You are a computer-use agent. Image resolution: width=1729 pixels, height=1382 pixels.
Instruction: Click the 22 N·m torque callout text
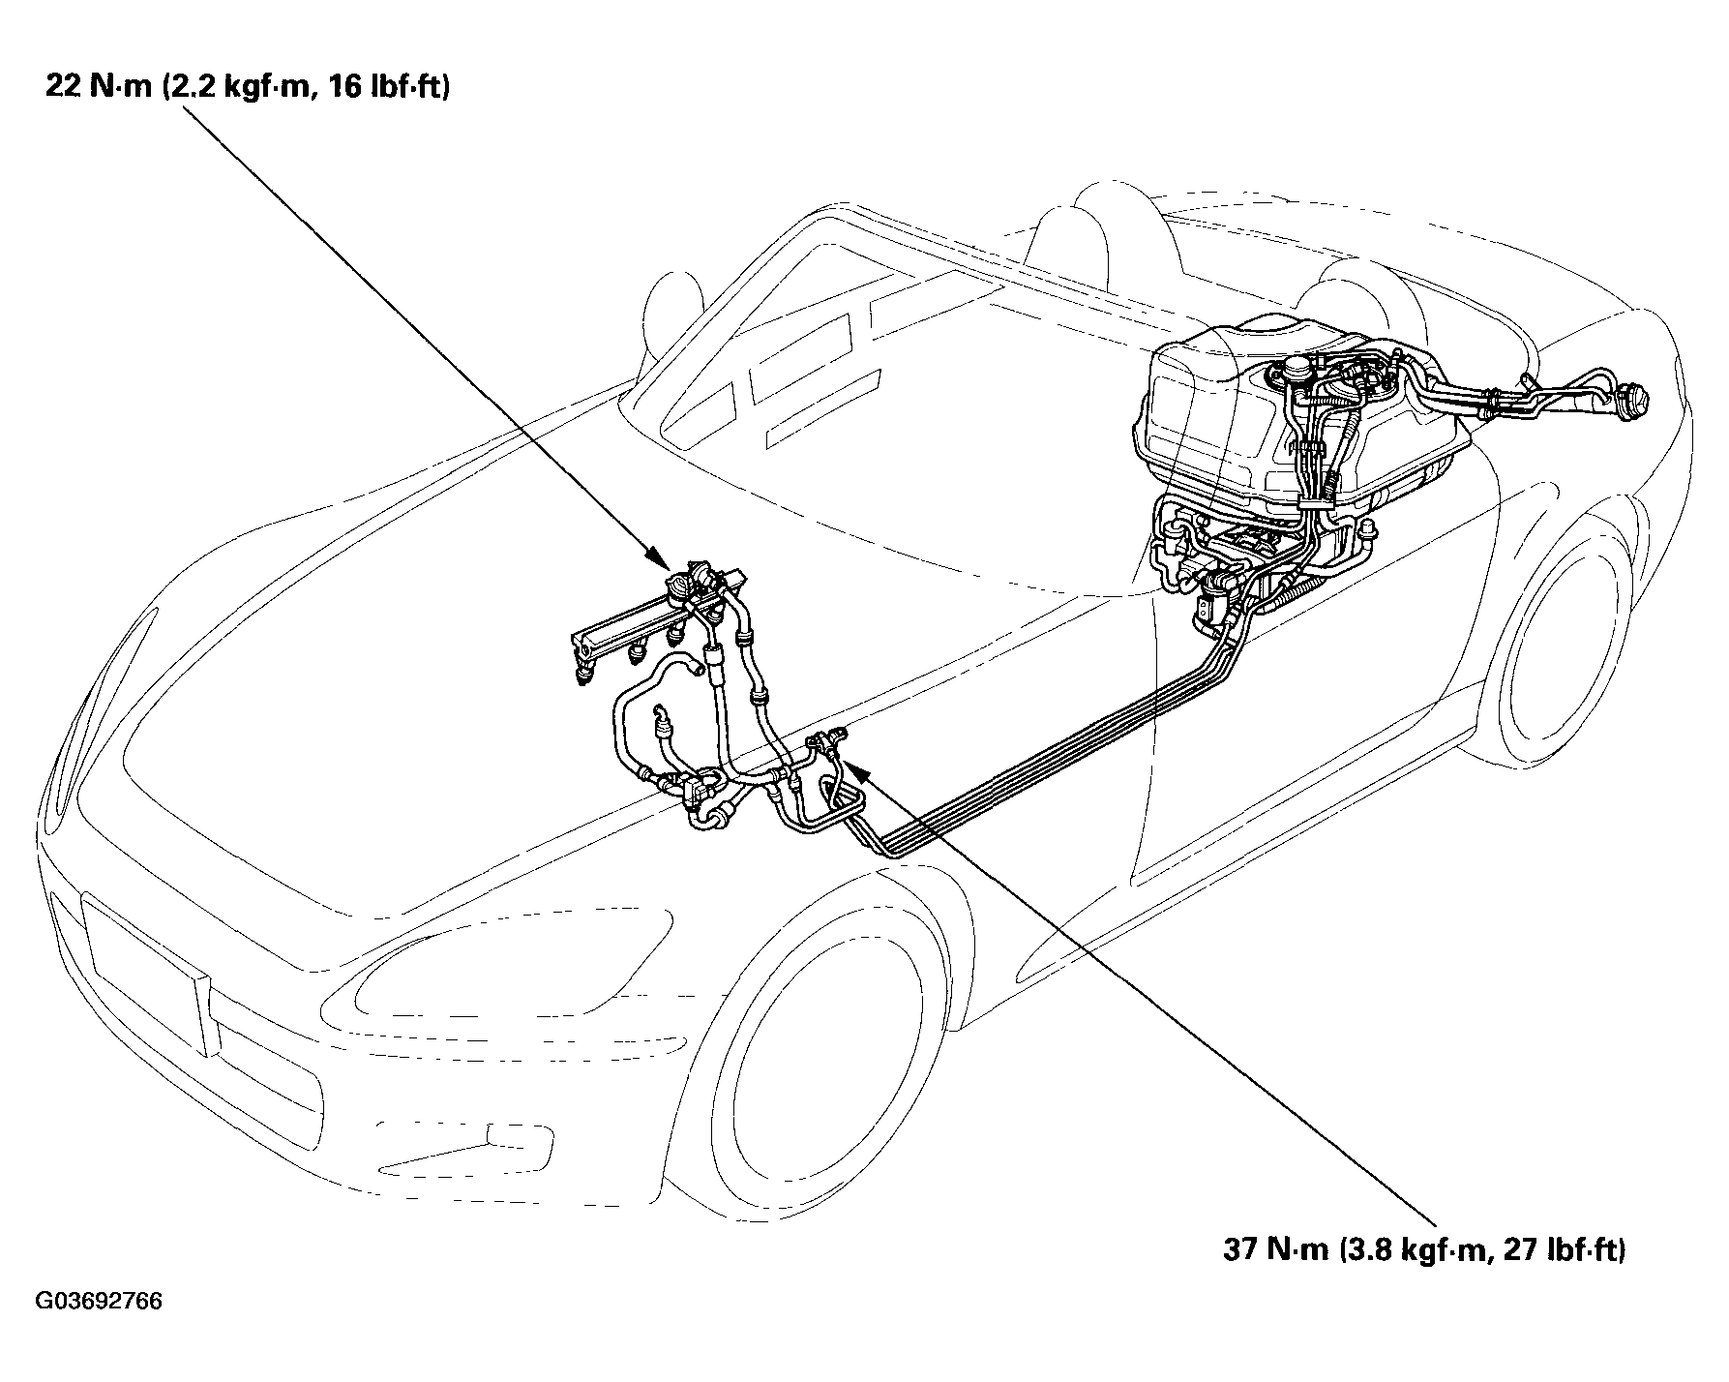[247, 88]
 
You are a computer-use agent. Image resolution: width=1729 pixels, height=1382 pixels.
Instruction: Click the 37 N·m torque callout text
[1424, 1249]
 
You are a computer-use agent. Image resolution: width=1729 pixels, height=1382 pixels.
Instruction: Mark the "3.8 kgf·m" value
[1397, 1249]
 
